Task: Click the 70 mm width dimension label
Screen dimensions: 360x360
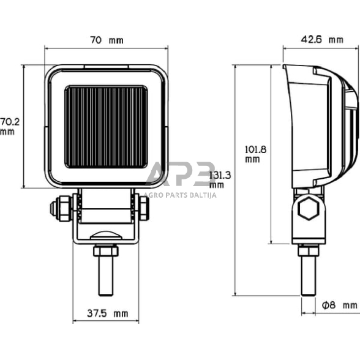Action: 107,40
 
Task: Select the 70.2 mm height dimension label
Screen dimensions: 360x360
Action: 9,126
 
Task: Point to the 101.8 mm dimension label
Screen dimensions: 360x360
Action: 252,153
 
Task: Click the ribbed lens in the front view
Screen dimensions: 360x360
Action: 107,127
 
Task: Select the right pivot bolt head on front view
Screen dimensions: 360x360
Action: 144,209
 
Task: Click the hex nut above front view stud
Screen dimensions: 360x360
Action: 106,250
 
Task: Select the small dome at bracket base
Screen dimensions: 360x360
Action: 106,235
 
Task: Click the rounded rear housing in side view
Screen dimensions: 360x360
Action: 347,122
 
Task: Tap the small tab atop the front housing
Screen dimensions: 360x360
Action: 107,66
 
